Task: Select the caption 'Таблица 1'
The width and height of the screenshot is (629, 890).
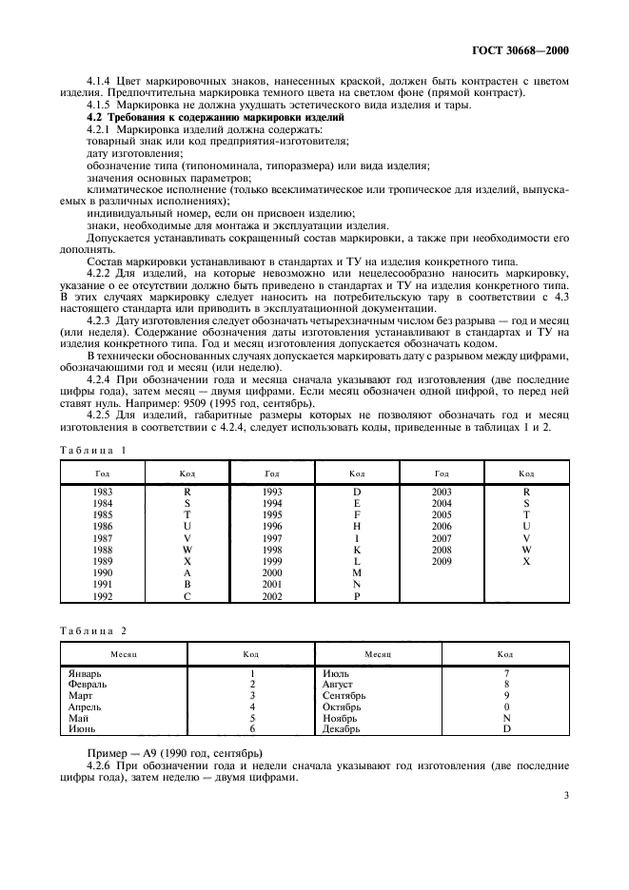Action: [x=95, y=449]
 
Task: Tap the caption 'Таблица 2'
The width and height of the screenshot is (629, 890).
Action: [x=95, y=629]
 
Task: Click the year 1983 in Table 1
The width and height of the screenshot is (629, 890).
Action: [x=102, y=492]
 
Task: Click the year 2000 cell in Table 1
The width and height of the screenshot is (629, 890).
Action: [x=272, y=572]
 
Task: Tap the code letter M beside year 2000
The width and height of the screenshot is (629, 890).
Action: [x=357, y=572]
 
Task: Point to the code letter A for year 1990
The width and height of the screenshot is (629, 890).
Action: [x=187, y=572]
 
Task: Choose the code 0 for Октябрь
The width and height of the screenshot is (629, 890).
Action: [x=506, y=706]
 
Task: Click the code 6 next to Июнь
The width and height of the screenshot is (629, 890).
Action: [x=252, y=729]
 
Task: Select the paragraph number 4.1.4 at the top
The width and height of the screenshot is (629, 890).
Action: [x=101, y=83]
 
